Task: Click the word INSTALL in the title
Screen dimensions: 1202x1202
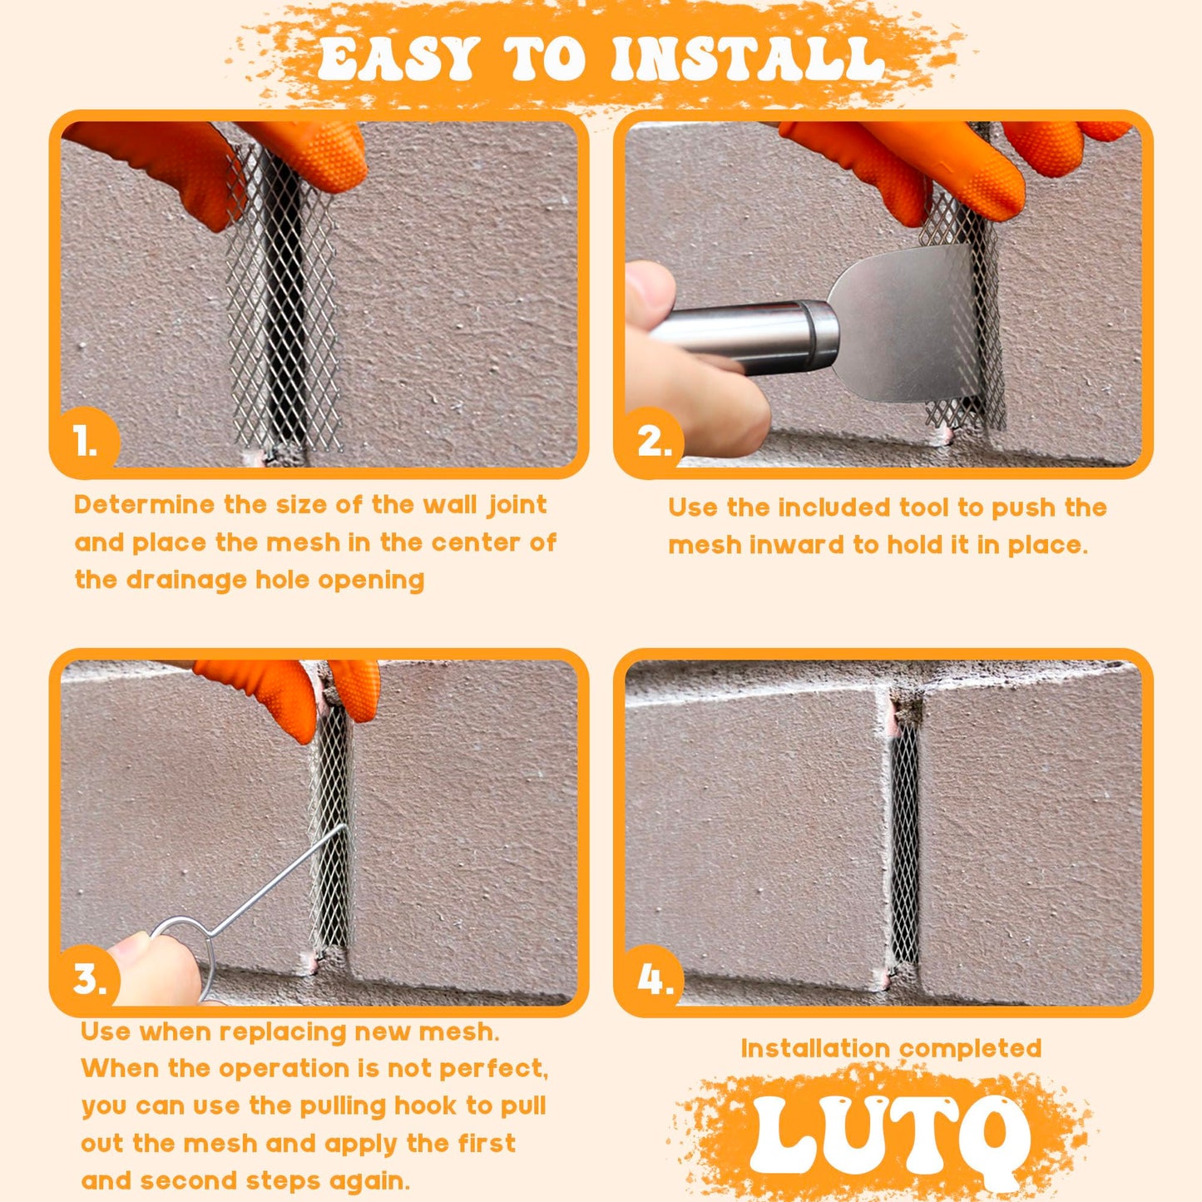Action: (x=746, y=60)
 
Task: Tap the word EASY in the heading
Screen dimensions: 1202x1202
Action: (x=398, y=60)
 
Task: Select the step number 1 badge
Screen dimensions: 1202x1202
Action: (x=85, y=441)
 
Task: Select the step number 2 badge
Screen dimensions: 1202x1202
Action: (x=654, y=441)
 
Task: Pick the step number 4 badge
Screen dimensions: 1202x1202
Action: (x=655, y=979)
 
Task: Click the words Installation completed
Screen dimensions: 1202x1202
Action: (x=891, y=1048)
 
